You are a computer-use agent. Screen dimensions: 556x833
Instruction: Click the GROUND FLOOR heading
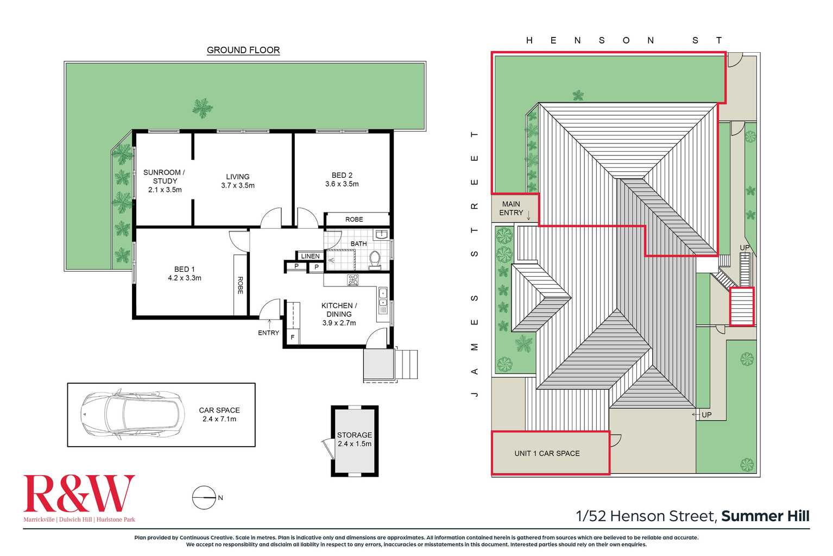pyautogui.click(x=243, y=50)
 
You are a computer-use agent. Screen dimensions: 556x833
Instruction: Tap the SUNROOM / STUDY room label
pyautogui.click(x=165, y=180)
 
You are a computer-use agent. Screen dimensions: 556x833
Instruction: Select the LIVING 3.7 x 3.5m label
pyautogui.click(x=238, y=181)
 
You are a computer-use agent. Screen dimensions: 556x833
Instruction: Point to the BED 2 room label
pyautogui.click(x=342, y=179)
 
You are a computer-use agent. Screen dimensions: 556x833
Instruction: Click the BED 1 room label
pyautogui.click(x=185, y=273)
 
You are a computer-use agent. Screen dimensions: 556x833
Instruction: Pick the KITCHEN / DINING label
pyautogui.click(x=339, y=314)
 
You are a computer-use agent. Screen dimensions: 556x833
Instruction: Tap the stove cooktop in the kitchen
pyautogui.click(x=353, y=280)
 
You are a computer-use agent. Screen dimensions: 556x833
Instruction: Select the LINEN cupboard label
pyautogui.click(x=310, y=256)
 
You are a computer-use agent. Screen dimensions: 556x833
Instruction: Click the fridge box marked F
pyautogui.click(x=292, y=337)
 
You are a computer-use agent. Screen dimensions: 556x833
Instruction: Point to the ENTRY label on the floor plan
pyautogui.click(x=268, y=333)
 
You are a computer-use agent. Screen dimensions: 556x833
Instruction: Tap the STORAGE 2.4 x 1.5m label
pyautogui.click(x=355, y=439)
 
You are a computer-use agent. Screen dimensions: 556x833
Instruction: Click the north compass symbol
pyautogui.click(x=204, y=497)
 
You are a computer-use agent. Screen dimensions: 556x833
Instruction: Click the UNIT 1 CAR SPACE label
pyautogui.click(x=547, y=453)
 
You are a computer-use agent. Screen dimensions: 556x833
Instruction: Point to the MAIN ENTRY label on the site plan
pyautogui.click(x=511, y=208)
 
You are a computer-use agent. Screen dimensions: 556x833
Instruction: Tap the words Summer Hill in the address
pyautogui.click(x=765, y=516)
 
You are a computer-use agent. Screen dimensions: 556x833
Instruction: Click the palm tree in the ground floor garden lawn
pyautogui.click(x=202, y=108)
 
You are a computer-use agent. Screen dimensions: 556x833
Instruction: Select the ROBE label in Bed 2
pyautogui.click(x=354, y=220)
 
